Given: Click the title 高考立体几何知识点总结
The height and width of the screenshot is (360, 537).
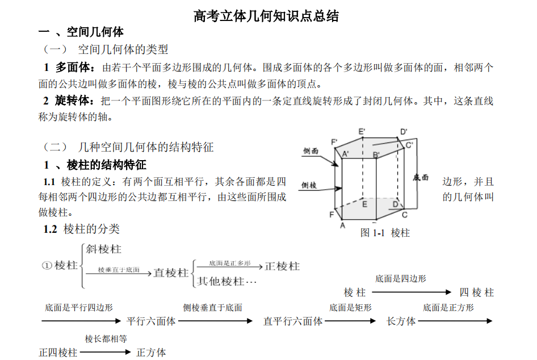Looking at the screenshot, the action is coord(266,16).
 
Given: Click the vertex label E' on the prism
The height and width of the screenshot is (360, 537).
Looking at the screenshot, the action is coord(362,132).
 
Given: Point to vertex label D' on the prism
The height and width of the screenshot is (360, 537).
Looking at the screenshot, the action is coord(404,132).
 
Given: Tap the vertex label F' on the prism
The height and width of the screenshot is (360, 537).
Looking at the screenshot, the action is coord(334,142).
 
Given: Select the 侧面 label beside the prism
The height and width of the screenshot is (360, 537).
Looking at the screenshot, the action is coord(311,151).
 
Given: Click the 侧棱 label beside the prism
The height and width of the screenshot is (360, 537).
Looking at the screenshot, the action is coord(309,185).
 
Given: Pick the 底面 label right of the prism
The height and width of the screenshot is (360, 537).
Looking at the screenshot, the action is coord(421,177).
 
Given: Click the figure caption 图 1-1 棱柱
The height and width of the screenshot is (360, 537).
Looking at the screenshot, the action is coord(385,233).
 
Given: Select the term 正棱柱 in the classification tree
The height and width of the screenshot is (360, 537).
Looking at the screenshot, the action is coord(282,266).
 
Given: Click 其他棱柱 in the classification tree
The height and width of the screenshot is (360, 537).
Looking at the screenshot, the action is coord(221,281).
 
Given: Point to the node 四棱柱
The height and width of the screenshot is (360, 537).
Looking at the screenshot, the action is coord(477,292).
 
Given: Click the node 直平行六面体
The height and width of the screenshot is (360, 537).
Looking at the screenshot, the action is coord(293,321).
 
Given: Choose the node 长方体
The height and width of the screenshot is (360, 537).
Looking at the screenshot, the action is coord(401,321).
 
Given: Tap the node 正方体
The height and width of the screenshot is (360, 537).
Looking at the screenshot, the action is coord(152,353).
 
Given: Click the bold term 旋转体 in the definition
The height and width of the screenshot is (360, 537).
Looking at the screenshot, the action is coord(74,101).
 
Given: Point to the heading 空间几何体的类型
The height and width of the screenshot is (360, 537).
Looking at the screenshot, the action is coord(123,49).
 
